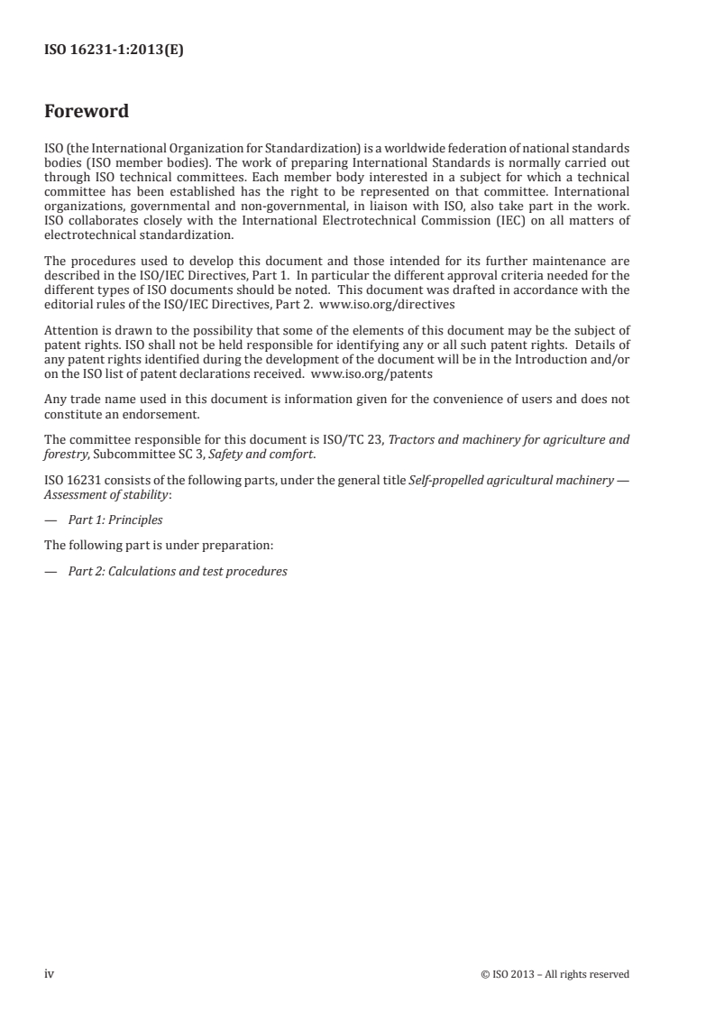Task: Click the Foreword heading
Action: [x=87, y=112]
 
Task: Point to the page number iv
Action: [x=50, y=973]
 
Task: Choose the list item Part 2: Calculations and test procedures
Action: [x=178, y=571]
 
